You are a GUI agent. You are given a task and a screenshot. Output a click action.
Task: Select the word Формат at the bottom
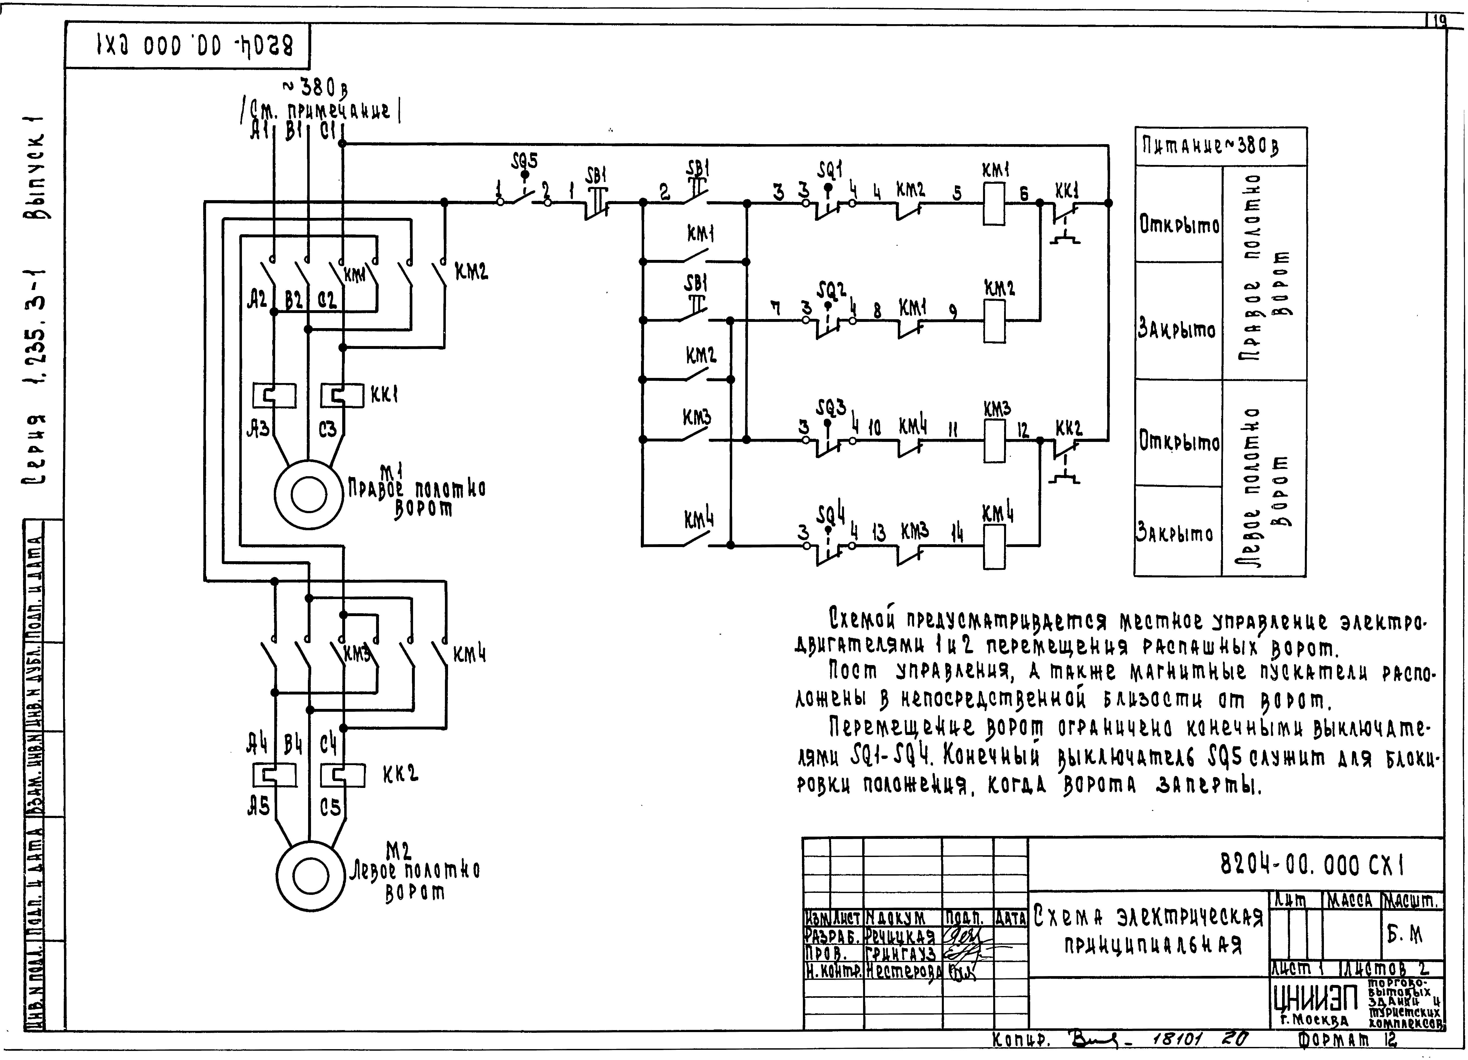[1333, 1040]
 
